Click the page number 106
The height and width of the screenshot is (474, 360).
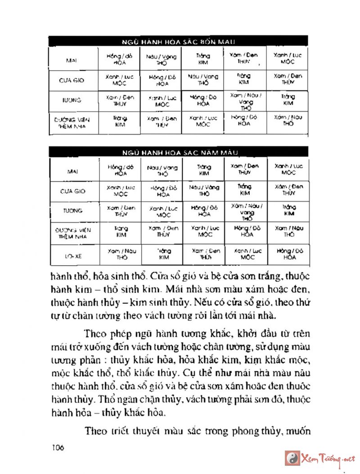click(58, 448)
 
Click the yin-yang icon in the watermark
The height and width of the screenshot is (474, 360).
click(292, 458)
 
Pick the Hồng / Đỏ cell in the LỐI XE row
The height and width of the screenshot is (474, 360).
click(288, 254)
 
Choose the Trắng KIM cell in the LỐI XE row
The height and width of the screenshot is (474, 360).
click(162, 254)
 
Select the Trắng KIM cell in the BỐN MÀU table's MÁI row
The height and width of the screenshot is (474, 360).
click(203, 59)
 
